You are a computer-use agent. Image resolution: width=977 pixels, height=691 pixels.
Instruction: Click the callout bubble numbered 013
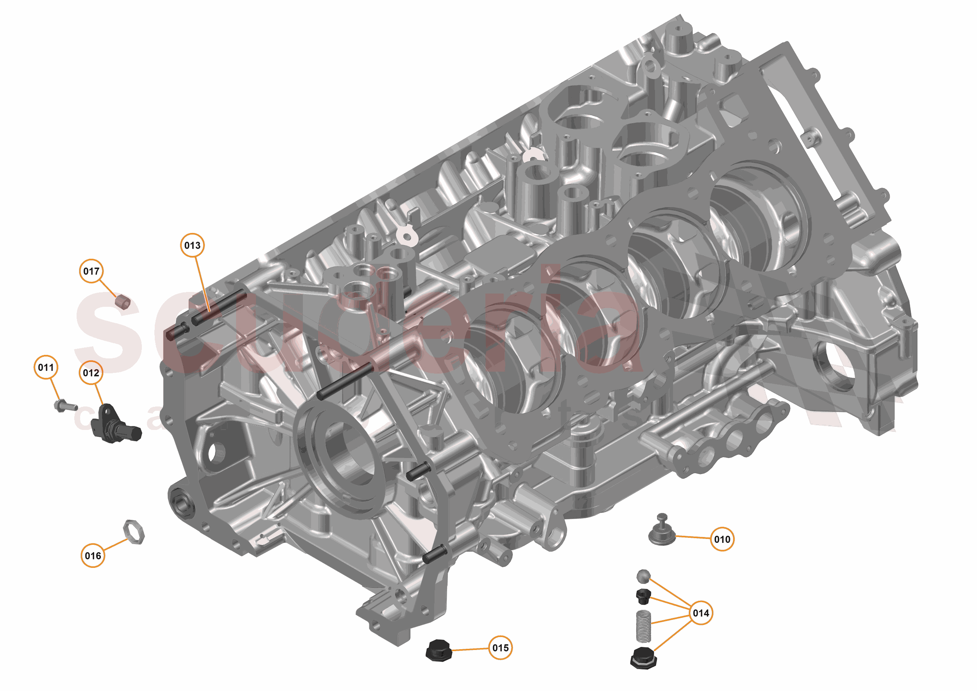[192, 245]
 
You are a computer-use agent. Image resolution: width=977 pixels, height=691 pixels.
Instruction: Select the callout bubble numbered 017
[91, 271]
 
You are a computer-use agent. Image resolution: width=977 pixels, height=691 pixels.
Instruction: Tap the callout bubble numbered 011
[46, 367]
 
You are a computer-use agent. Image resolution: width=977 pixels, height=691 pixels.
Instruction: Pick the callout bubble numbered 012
[91, 373]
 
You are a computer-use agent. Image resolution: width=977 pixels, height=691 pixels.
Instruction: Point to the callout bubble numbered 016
[93, 556]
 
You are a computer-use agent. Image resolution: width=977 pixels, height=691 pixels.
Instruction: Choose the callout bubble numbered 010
[722, 539]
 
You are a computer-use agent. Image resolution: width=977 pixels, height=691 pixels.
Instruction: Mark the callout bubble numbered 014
[701, 613]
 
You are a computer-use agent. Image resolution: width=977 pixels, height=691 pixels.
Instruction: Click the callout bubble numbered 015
[500, 648]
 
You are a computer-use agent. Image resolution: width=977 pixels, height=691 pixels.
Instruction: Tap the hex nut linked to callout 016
[134, 532]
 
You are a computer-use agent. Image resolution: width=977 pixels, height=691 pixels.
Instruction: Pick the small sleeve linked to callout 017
[123, 301]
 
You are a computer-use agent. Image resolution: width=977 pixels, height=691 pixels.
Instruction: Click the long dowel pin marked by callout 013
[219, 306]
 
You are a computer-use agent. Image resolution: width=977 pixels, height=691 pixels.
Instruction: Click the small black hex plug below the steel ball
[643, 596]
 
